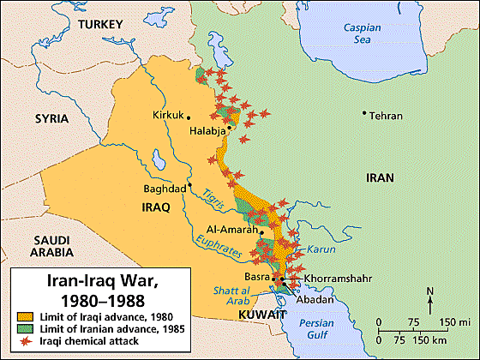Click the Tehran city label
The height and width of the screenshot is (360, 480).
(387, 115)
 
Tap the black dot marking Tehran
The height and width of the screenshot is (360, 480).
(364, 112)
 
